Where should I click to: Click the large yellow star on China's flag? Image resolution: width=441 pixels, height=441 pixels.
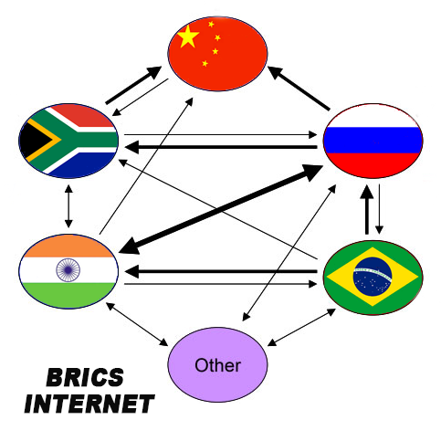[188, 37]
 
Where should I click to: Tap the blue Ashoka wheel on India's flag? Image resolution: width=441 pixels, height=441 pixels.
[68, 270]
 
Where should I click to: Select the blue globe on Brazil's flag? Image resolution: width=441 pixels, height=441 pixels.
[373, 277]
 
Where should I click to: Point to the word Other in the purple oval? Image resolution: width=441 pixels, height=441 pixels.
[218, 365]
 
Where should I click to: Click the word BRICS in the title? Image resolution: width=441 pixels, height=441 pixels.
[85, 377]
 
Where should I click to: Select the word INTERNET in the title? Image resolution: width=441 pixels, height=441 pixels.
[89, 404]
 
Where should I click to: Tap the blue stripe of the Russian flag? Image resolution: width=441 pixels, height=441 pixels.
[373, 141]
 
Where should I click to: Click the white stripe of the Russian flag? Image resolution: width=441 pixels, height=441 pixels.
[373, 116]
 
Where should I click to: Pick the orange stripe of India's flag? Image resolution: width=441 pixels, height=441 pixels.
[68, 247]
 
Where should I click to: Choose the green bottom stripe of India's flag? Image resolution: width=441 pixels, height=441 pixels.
[68, 295]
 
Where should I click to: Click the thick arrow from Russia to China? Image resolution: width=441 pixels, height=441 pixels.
[299, 89]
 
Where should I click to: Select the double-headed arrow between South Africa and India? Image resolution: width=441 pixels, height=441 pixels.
[68, 206]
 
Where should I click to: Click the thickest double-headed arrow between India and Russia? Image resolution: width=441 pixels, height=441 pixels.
[220, 210]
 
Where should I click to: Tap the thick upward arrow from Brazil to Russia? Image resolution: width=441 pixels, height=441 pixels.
[367, 209]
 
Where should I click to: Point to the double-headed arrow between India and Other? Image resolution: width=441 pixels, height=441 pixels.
[137, 324]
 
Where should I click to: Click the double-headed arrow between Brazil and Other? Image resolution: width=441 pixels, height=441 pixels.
[301, 327]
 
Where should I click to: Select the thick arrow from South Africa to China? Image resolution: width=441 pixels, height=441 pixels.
[133, 85]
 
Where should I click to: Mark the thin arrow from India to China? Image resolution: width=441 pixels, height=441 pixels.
[146, 166]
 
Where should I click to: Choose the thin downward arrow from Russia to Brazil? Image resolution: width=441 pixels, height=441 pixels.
[379, 209]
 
